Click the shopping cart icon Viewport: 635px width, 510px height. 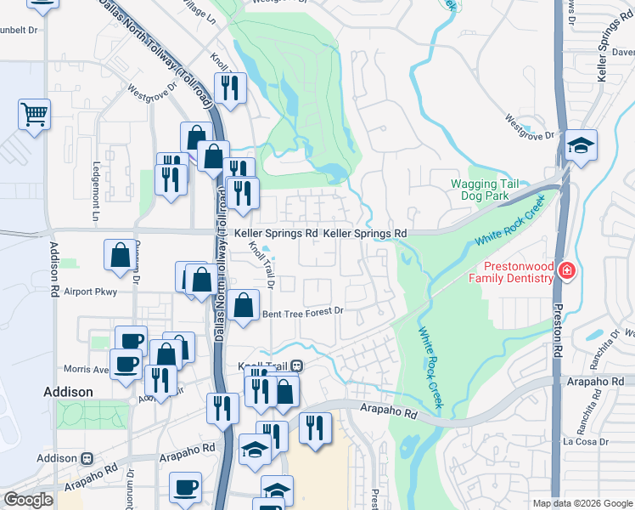34,113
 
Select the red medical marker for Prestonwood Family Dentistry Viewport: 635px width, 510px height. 566,271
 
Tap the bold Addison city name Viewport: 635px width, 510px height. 67,392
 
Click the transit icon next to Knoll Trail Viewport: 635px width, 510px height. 296,365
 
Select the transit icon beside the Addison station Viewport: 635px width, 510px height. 87,458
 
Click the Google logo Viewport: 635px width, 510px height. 28,500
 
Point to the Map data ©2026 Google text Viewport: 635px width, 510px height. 582,503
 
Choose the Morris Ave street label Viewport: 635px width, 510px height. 87,370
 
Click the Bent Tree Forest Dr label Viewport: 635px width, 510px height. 302,312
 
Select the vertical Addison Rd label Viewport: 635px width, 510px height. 53,267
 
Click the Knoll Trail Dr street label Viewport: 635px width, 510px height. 259,263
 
